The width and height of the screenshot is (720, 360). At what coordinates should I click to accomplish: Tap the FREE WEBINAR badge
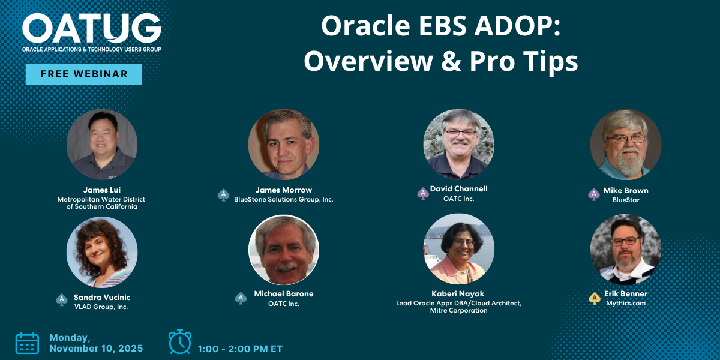pyautogui.click(x=84, y=74)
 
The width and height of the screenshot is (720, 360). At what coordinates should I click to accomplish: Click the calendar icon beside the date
pyautogui.click(x=28, y=344)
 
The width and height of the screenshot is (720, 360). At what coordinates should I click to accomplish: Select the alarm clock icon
pyautogui.click(x=180, y=341)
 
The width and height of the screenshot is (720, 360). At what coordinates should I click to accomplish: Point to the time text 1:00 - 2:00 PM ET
pyautogui.click(x=240, y=349)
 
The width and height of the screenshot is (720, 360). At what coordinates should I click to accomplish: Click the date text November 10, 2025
pyautogui.click(x=96, y=349)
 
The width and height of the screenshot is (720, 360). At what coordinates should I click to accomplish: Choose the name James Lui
pyautogui.click(x=102, y=190)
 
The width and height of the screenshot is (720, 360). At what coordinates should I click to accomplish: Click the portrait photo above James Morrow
pyautogui.click(x=284, y=145)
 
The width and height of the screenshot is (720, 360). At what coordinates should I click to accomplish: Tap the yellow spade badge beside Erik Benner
pyautogui.click(x=595, y=299)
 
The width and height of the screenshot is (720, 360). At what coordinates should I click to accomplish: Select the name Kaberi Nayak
pyautogui.click(x=458, y=294)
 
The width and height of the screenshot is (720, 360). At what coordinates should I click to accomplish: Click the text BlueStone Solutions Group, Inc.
pyautogui.click(x=283, y=200)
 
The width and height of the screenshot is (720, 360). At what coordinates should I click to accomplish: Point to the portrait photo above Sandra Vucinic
pyautogui.click(x=102, y=252)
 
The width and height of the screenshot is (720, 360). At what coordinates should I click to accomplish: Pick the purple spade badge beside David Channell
pyautogui.click(x=423, y=193)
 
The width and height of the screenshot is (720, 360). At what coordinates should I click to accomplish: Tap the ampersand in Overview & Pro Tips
pyautogui.click(x=451, y=61)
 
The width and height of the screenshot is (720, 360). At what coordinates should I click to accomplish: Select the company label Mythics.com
pyautogui.click(x=625, y=303)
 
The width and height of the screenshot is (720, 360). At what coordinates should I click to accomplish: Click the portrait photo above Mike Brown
pyautogui.click(x=626, y=145)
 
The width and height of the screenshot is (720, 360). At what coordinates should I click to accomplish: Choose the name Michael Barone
pyautogui.click(x=283, y=294)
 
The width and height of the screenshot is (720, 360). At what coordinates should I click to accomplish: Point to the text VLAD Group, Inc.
pyautogui.click(x=101, y=307)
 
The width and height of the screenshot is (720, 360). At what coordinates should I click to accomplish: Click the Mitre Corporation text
pyautogui.click(x=458, y=311)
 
